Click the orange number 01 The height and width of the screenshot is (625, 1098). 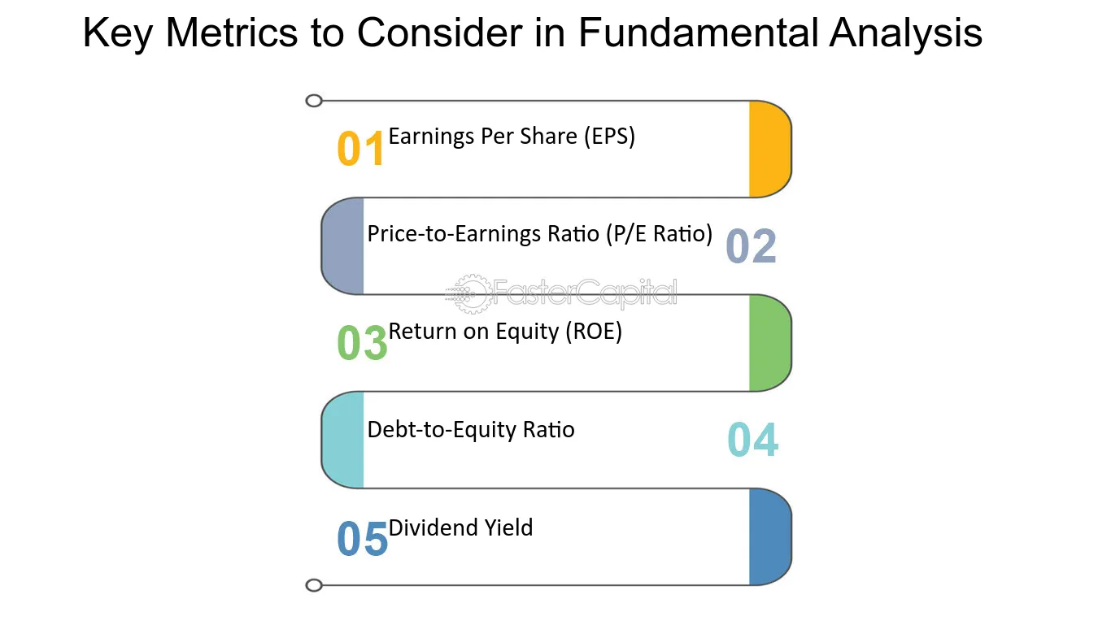pos(360,149)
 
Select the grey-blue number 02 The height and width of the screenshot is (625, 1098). pos(751,246)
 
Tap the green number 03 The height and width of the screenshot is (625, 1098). pos(362,342)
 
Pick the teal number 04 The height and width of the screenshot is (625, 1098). pos(752,440)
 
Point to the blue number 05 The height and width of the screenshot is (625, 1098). pos(362,538)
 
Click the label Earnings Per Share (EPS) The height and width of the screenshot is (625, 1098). pos(512,137)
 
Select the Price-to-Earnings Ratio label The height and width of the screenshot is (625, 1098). pos(540,234)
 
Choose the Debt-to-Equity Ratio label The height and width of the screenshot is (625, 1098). pos(471,430)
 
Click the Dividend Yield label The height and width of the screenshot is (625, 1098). pos(460,527)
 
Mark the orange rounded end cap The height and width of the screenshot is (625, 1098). pos(770,149)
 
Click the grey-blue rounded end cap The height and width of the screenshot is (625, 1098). pos(342,246)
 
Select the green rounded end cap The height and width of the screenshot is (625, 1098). pos(770,343)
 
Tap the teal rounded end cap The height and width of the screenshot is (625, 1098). pos(342,440)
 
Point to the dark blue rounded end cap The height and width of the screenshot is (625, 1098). pos(770,537)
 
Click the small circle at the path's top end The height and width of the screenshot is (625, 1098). pos(314,101)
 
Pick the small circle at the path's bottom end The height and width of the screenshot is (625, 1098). pos(314,585)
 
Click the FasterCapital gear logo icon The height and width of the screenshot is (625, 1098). pos(469,294)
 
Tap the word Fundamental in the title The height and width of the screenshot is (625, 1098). pos(698,33)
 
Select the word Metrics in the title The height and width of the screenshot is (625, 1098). pos(231,33)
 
